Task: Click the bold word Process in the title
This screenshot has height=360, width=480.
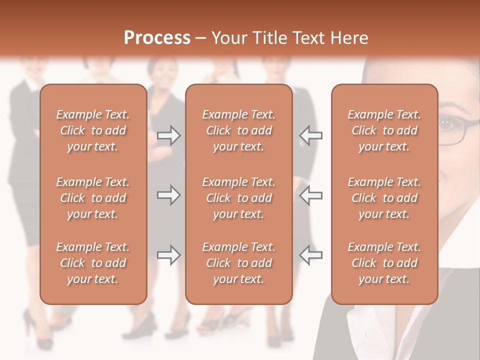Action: [x=157, y=38]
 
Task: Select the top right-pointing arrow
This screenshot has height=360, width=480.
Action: [x=168, y=135]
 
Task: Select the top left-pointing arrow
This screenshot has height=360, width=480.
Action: [x=311, y=135]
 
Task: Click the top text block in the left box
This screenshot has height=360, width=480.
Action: [x=93, y=130]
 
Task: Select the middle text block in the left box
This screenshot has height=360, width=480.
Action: [x=93, y=198]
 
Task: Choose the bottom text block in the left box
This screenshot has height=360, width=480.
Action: [x=93, y=263]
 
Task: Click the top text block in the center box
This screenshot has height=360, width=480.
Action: [x=239, y=130]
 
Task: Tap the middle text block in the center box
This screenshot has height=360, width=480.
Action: [x=239, y=198]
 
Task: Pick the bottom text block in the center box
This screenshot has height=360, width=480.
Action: [x=239, y=263]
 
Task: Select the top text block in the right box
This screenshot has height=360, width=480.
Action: [x=384, y=130]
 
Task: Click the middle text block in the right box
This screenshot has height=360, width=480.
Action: [x=384, y=198]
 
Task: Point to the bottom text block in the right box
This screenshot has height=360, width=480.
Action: [x=384, y=263]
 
